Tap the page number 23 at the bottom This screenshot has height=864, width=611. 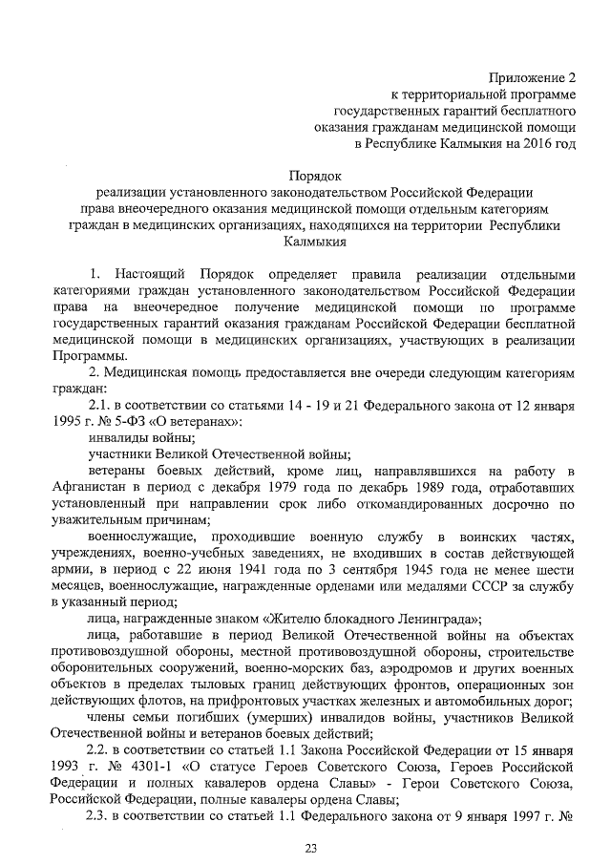click(309, 848)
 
